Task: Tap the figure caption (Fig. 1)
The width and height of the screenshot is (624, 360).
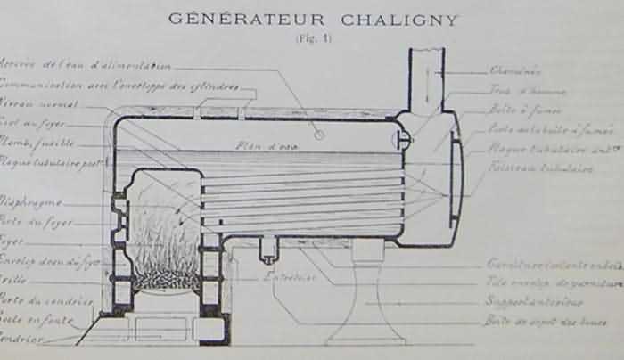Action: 311,39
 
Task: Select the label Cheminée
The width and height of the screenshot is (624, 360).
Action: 515,70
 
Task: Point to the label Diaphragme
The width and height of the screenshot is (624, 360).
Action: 30,202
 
